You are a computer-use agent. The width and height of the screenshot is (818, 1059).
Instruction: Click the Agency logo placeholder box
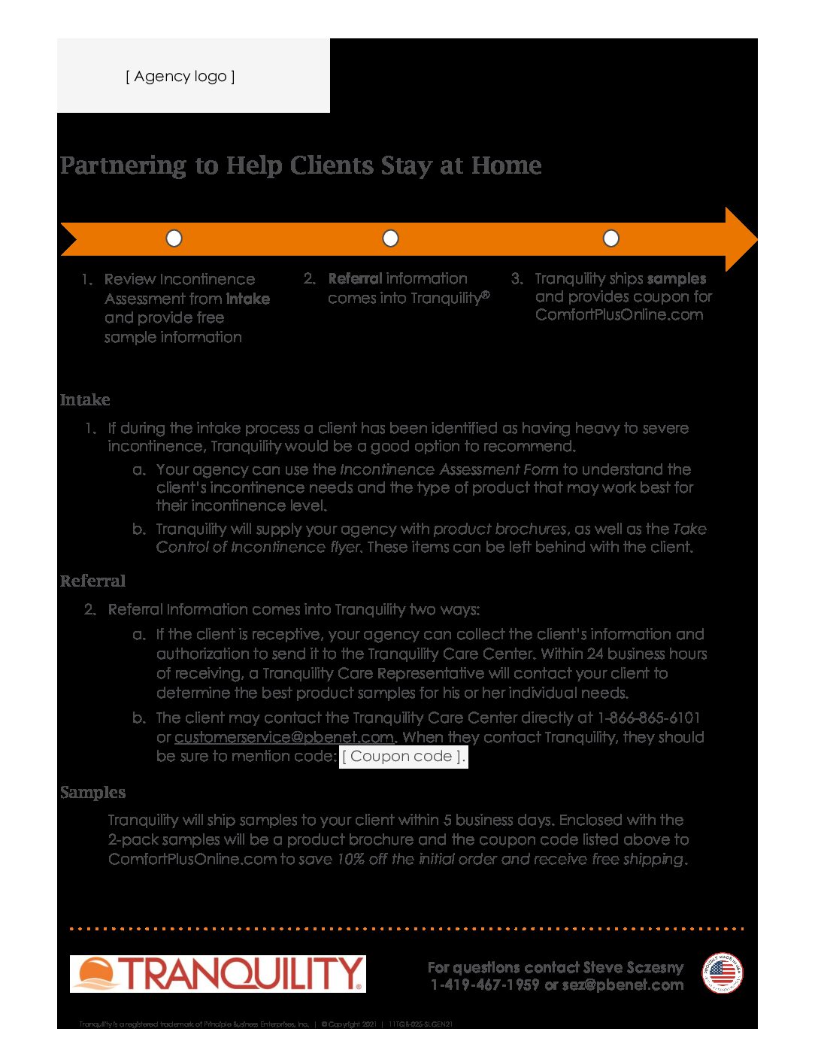(180, 76)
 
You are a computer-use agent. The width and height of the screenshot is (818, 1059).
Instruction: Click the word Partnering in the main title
(123, 165)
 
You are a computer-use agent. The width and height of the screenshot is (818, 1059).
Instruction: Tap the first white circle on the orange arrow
(174, 238)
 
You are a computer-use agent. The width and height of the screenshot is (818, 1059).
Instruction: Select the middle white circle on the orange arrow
(390, 238)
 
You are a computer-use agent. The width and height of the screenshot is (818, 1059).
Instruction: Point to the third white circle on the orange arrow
(611, 238)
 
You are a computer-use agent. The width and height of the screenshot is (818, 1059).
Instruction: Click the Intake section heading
(85, 400)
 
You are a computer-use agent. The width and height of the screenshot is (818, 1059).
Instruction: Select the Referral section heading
(92, 581)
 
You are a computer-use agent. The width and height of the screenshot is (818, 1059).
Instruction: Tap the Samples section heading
(92, 793)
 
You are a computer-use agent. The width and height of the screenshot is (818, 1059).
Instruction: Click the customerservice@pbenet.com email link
(284, 737)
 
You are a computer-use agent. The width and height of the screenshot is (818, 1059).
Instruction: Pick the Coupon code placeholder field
(403, 757)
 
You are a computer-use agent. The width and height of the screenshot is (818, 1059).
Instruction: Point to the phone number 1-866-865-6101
(649, 718)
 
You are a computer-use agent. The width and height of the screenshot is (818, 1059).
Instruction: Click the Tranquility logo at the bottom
(218, 974)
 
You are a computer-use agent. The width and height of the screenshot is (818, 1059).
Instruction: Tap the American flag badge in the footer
(722, 973)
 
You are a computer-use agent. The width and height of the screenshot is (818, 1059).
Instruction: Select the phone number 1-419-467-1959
(485, 985)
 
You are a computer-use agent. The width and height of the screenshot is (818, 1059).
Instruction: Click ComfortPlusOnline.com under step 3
(619, 315)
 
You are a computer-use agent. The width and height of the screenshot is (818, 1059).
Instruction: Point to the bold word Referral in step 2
(355, 279)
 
